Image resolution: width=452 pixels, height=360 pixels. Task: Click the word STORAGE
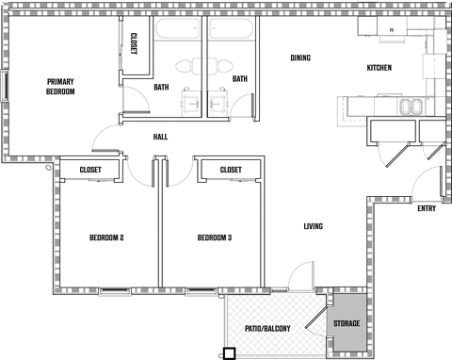tap(347, 324)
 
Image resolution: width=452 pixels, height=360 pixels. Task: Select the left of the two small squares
tap(191, 104)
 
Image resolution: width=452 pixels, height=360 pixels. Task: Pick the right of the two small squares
tap(218, 104)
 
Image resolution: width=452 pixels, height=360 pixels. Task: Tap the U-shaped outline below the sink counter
tap(394, 130)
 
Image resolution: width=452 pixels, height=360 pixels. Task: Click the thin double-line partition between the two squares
tap(205, 66)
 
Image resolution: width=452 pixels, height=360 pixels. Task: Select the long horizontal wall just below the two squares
tap(174, 119)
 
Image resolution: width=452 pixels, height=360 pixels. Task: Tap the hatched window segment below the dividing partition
tap(158, 289)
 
